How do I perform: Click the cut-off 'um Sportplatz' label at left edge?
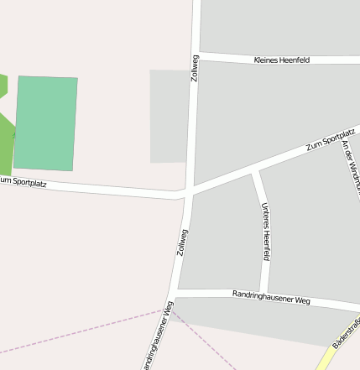(x=23, y=181)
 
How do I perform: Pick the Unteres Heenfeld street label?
(x=266, y=232)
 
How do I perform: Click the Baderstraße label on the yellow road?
(x=346, y=331)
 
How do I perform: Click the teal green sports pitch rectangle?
(x=46, y=122)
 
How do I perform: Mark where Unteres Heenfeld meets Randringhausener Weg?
(x=264, y=292)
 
